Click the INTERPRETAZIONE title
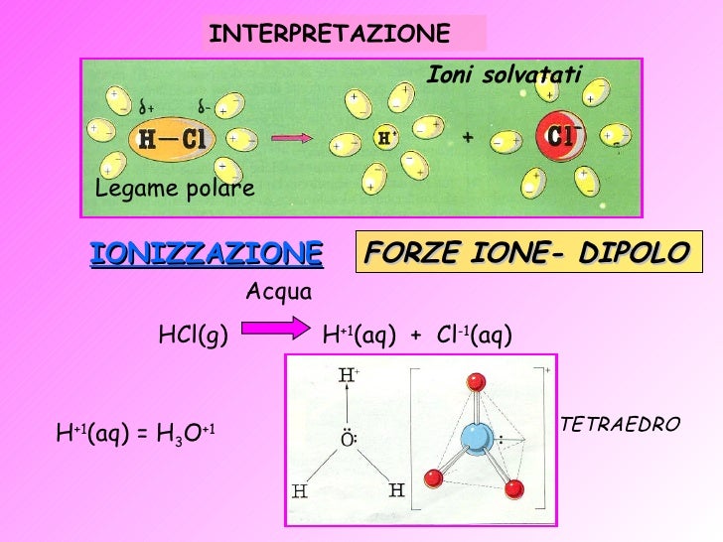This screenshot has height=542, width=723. click(x=330, y=34)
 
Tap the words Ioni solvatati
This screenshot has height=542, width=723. click(x=504, y=72)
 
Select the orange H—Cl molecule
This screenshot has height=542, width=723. click(x=173, y=140)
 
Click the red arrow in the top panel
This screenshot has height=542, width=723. click(x=292, y=140)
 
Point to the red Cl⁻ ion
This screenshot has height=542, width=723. click(x=561, y=136)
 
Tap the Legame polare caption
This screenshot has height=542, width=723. click(x=175, y=189)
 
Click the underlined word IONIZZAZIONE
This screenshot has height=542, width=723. click(x=207, y=253)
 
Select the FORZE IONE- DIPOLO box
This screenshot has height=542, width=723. click(x=526, y=253)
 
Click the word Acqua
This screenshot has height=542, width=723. click(x=278, y=292)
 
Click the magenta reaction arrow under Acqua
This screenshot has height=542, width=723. click(x=276, y=334)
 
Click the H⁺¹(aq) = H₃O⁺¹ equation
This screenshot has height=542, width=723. click(x=136, y=433)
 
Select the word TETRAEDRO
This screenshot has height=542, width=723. click(x=621, y=425)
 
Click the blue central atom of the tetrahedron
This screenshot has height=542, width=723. click(x=476, y=438)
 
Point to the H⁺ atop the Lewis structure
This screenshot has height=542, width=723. click(x=349, y=376)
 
